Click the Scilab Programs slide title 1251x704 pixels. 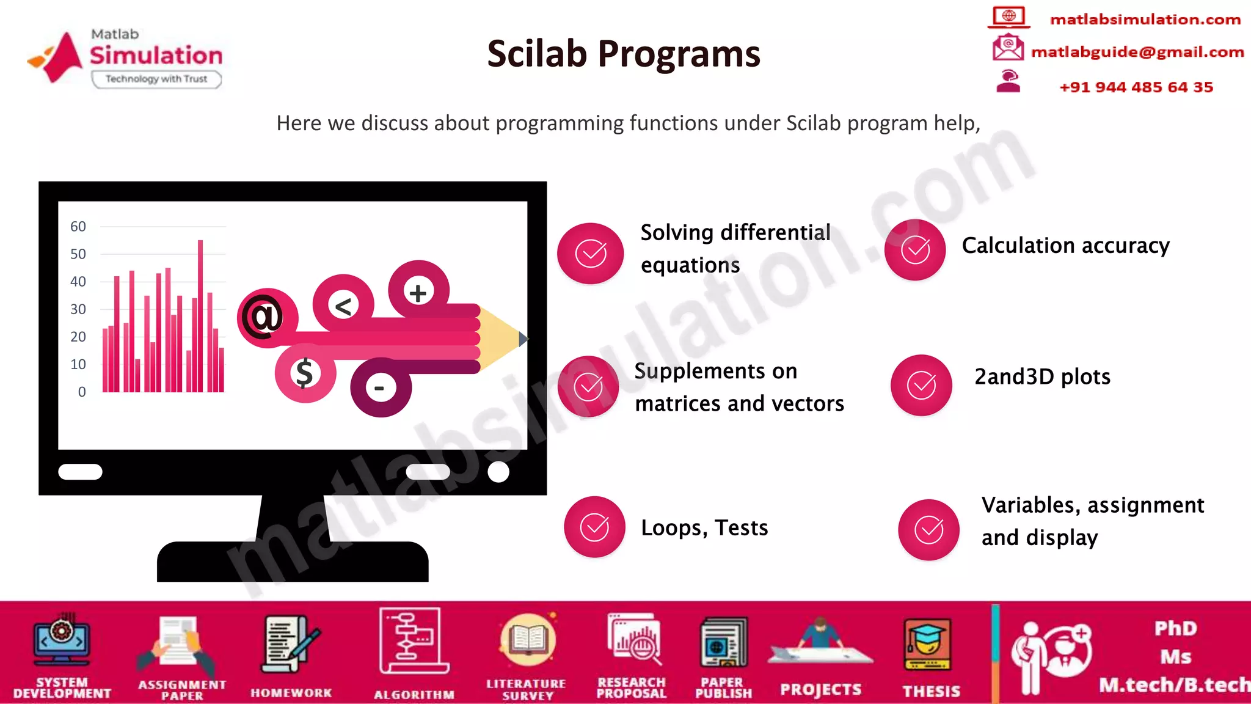(x=624, y=54)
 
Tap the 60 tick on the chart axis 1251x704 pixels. (x=78, y=227)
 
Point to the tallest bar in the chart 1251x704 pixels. (x=200, y=315)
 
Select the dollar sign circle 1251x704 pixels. (x=305, y=373)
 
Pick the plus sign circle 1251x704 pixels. (x=418, y=292)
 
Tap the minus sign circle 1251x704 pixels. (x=380, y=387)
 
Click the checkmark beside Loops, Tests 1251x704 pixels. (x=594, y=527)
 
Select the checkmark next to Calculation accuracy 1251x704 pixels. (x=915, y=250)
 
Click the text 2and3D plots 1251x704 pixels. (x=1042, y=376)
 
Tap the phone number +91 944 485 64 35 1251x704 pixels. (x=1136, y=87)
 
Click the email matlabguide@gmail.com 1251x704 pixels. (x=1137, y=53)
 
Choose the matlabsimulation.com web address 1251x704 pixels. (x=1145, y=20)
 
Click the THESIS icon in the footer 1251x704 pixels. (x=927, y=645)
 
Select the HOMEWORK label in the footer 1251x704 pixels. (x=291, y=693)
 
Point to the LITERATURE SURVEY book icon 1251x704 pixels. (x=527, y=640)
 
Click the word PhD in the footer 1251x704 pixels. (x=1175, y=628)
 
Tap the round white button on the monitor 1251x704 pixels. (x=498, y=472)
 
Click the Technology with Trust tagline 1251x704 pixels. (x=156, y=79)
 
